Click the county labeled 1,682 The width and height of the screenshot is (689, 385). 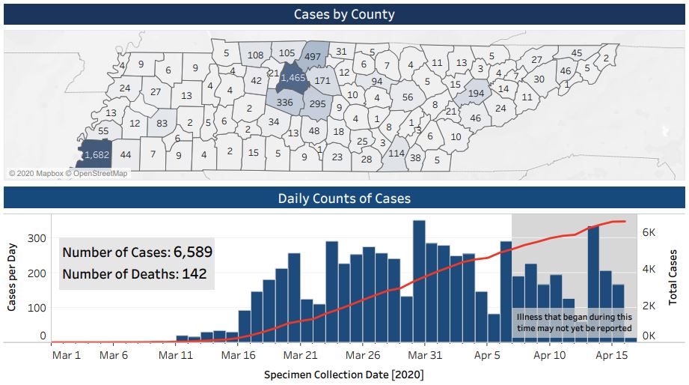coord(96,154)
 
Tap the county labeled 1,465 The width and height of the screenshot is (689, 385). coord(293,77)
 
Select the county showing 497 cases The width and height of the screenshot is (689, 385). coord(313,57)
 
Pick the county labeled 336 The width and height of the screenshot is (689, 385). coord(284,103)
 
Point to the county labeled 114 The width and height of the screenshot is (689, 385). coord(396,154)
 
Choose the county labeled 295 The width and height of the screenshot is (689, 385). coord(317,104)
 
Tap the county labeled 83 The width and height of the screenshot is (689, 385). coord(162,122)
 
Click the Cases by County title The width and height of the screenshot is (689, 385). coord(344,14)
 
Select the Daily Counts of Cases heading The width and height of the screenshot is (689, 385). coord(344,198)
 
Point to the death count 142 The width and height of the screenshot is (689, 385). coord(194,274)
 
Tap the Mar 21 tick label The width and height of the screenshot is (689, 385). coord(300,355)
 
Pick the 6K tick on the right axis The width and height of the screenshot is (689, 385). coord(649,232)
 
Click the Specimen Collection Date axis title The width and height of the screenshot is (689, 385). coord(344,373)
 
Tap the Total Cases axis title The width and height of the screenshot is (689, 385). coord(673,277)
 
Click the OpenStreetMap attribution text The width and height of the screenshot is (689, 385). coord(98,174)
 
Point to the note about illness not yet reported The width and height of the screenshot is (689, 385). coord(574,323)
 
